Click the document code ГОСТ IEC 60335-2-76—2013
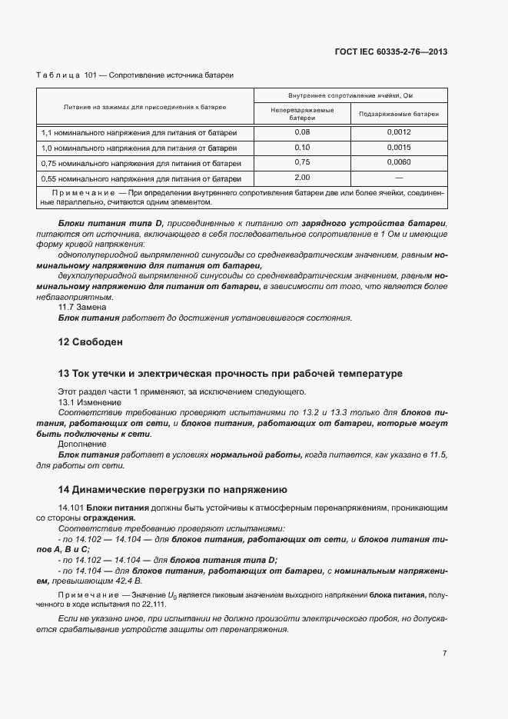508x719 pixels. pos(390,52)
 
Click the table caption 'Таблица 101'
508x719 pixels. pos(71,75)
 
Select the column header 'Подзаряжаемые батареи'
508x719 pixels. pos(398,113)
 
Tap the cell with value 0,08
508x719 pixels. pos(301,132)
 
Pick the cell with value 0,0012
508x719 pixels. pos(398,132)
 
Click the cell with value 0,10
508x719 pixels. pos(301,147)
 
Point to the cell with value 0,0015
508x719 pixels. pos(398,147)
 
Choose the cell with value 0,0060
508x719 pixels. pos(398,162)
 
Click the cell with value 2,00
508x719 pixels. pos(301,177)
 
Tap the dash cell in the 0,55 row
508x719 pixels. pos(398,177)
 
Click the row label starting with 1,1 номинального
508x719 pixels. pos(138,132)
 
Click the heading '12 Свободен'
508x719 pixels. pos(91,341)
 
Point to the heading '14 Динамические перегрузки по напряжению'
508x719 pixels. pos(173,489)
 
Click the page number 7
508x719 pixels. pos(444,654)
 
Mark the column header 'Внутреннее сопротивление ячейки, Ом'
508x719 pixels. pos(350,96)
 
